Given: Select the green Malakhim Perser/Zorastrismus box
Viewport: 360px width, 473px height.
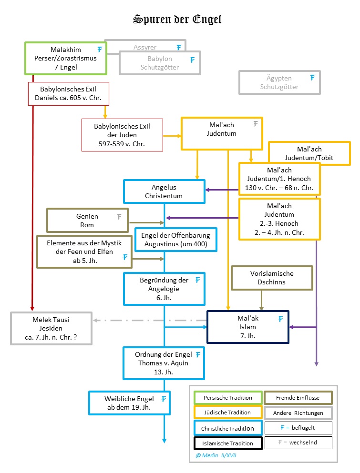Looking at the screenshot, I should click(x=65, y=58).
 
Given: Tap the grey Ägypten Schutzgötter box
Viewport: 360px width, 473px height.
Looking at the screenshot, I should click(x=279, y=82).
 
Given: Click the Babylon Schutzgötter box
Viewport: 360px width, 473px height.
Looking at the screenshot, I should click(x=160, y=63).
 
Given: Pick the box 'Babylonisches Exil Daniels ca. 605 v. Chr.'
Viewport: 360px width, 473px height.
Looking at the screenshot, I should click(x=68, y=93).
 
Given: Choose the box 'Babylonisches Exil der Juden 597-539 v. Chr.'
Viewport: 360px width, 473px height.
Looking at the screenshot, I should click(x=122, y=135).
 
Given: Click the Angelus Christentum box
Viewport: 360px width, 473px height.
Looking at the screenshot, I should click(x=164, y=191).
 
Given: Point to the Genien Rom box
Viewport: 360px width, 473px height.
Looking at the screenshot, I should click(x=87, y=221).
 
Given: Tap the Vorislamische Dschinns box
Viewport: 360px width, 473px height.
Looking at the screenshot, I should click(x=272, y=278).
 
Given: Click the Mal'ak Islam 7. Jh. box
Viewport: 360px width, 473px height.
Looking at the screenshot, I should click(x=248, y=327).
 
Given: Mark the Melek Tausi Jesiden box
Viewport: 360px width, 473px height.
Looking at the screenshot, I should click(x=51, y=328).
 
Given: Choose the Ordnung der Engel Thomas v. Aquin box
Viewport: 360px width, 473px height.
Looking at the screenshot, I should click(x=164, y=363).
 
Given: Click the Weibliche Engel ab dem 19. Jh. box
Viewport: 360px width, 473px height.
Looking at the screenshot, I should click(x=129, y=403).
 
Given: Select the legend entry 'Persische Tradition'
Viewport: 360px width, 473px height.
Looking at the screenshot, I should click(x=228, y=398).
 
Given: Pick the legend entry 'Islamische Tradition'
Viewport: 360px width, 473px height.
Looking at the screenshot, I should click(x=228, y=443).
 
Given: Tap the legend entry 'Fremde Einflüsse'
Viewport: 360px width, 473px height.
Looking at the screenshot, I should click(x=298, y=398).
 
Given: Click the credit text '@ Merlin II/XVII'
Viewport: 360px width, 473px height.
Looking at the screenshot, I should click(x=216, y=455).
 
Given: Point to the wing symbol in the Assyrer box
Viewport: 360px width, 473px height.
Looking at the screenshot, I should click(x=179, y=47).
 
